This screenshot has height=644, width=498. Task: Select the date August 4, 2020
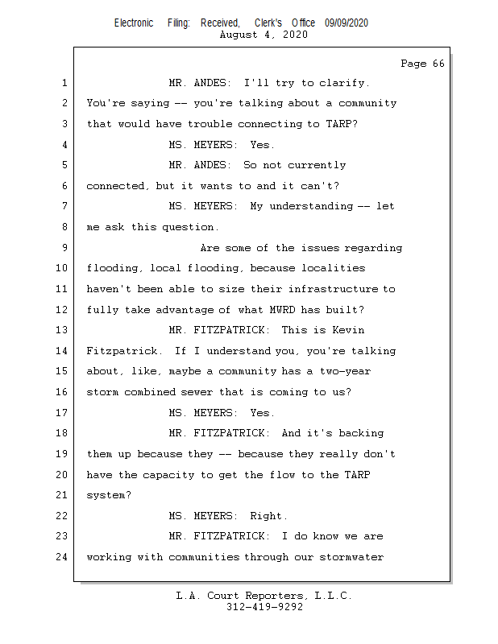tap(263, 35)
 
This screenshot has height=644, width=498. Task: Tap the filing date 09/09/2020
tap(347, 23)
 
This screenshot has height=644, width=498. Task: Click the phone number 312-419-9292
tap(264, 607)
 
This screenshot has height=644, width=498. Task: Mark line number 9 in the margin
tap(64, 248)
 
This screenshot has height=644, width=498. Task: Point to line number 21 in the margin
tap(60, 495)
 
